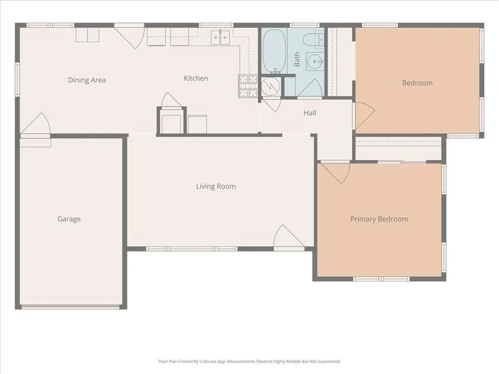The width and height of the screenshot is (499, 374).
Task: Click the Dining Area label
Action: [87, 80]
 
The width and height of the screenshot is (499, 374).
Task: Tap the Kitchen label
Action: [196, 78]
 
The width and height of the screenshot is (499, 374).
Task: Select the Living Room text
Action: [216, 187]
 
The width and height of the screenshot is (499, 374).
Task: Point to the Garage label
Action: [69, 219]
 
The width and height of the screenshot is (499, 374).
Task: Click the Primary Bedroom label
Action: [379, 219]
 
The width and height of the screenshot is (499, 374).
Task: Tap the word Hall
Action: [309, 113]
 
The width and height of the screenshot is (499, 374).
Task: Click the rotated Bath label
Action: [297, 59]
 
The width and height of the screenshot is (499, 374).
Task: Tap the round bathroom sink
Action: [314, 62]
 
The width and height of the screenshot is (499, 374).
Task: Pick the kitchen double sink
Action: [220, 37]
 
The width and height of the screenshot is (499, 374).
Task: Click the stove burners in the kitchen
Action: [248, 86]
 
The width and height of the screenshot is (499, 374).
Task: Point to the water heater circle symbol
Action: [271, 86]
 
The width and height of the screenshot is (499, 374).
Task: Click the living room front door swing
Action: [288, 237]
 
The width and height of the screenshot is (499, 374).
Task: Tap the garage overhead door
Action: [71, 307]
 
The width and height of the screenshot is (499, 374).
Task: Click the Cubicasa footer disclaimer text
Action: [249, 361]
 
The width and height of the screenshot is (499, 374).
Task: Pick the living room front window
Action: [192, 249]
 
